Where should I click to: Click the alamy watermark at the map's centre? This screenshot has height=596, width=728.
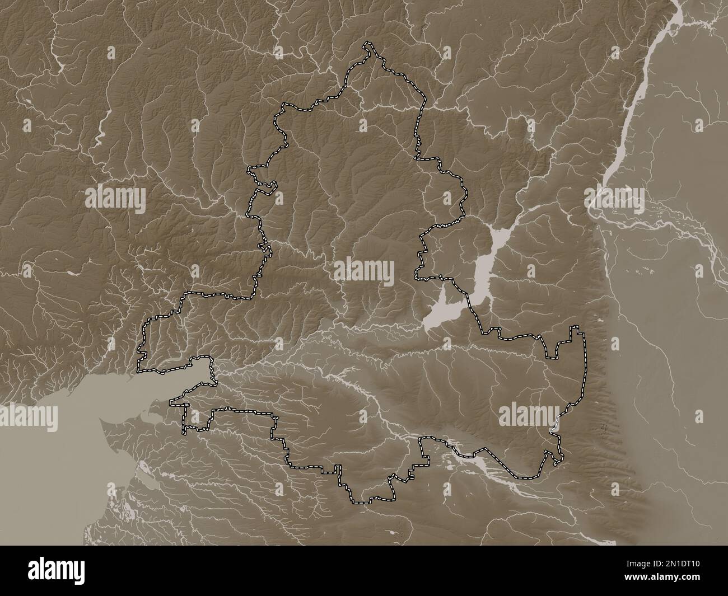coord(363,271)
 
